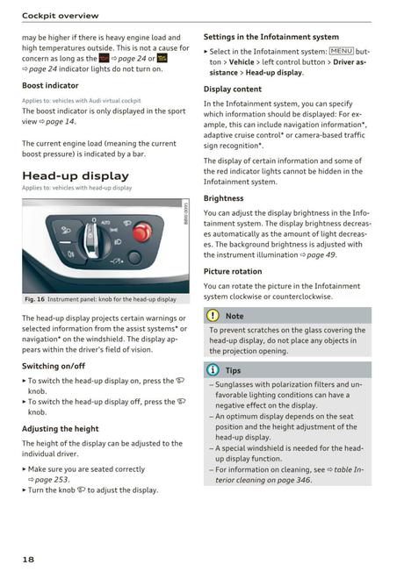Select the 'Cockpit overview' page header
click(60, 15)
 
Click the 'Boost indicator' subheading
click(50, 85)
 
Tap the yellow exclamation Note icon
click(213, 316)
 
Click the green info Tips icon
click(213, 370)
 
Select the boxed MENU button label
click(337, 52)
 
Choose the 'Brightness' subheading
click(223, 198)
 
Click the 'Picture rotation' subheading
click(237, 271)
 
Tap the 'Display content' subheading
click(233, 89)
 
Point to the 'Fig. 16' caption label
click(34, 299)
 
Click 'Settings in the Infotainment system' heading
click(271, 37)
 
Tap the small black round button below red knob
click(134, 258)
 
